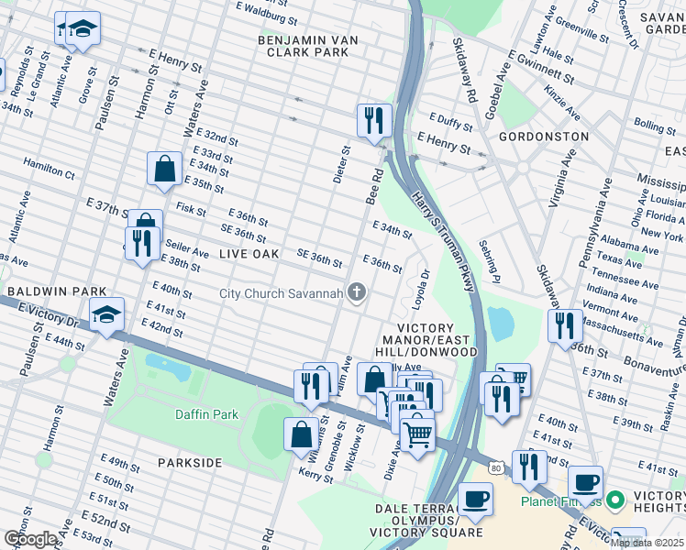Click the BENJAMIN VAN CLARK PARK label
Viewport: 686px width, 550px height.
pos(304,47)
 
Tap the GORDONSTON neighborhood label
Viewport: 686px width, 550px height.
pos(543,136)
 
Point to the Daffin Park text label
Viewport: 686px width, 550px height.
pos(207,414)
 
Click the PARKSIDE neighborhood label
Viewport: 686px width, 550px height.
pos(189,463)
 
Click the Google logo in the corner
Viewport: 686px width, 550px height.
pos(30,538)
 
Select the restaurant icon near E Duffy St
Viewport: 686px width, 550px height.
pos(373,120)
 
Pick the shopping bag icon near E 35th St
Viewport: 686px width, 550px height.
pos(164,169)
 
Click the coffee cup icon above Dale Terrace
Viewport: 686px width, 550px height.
pos(475,499)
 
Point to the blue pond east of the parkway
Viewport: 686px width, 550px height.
pos(501,323)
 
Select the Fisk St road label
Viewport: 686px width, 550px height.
pos(191,209)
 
